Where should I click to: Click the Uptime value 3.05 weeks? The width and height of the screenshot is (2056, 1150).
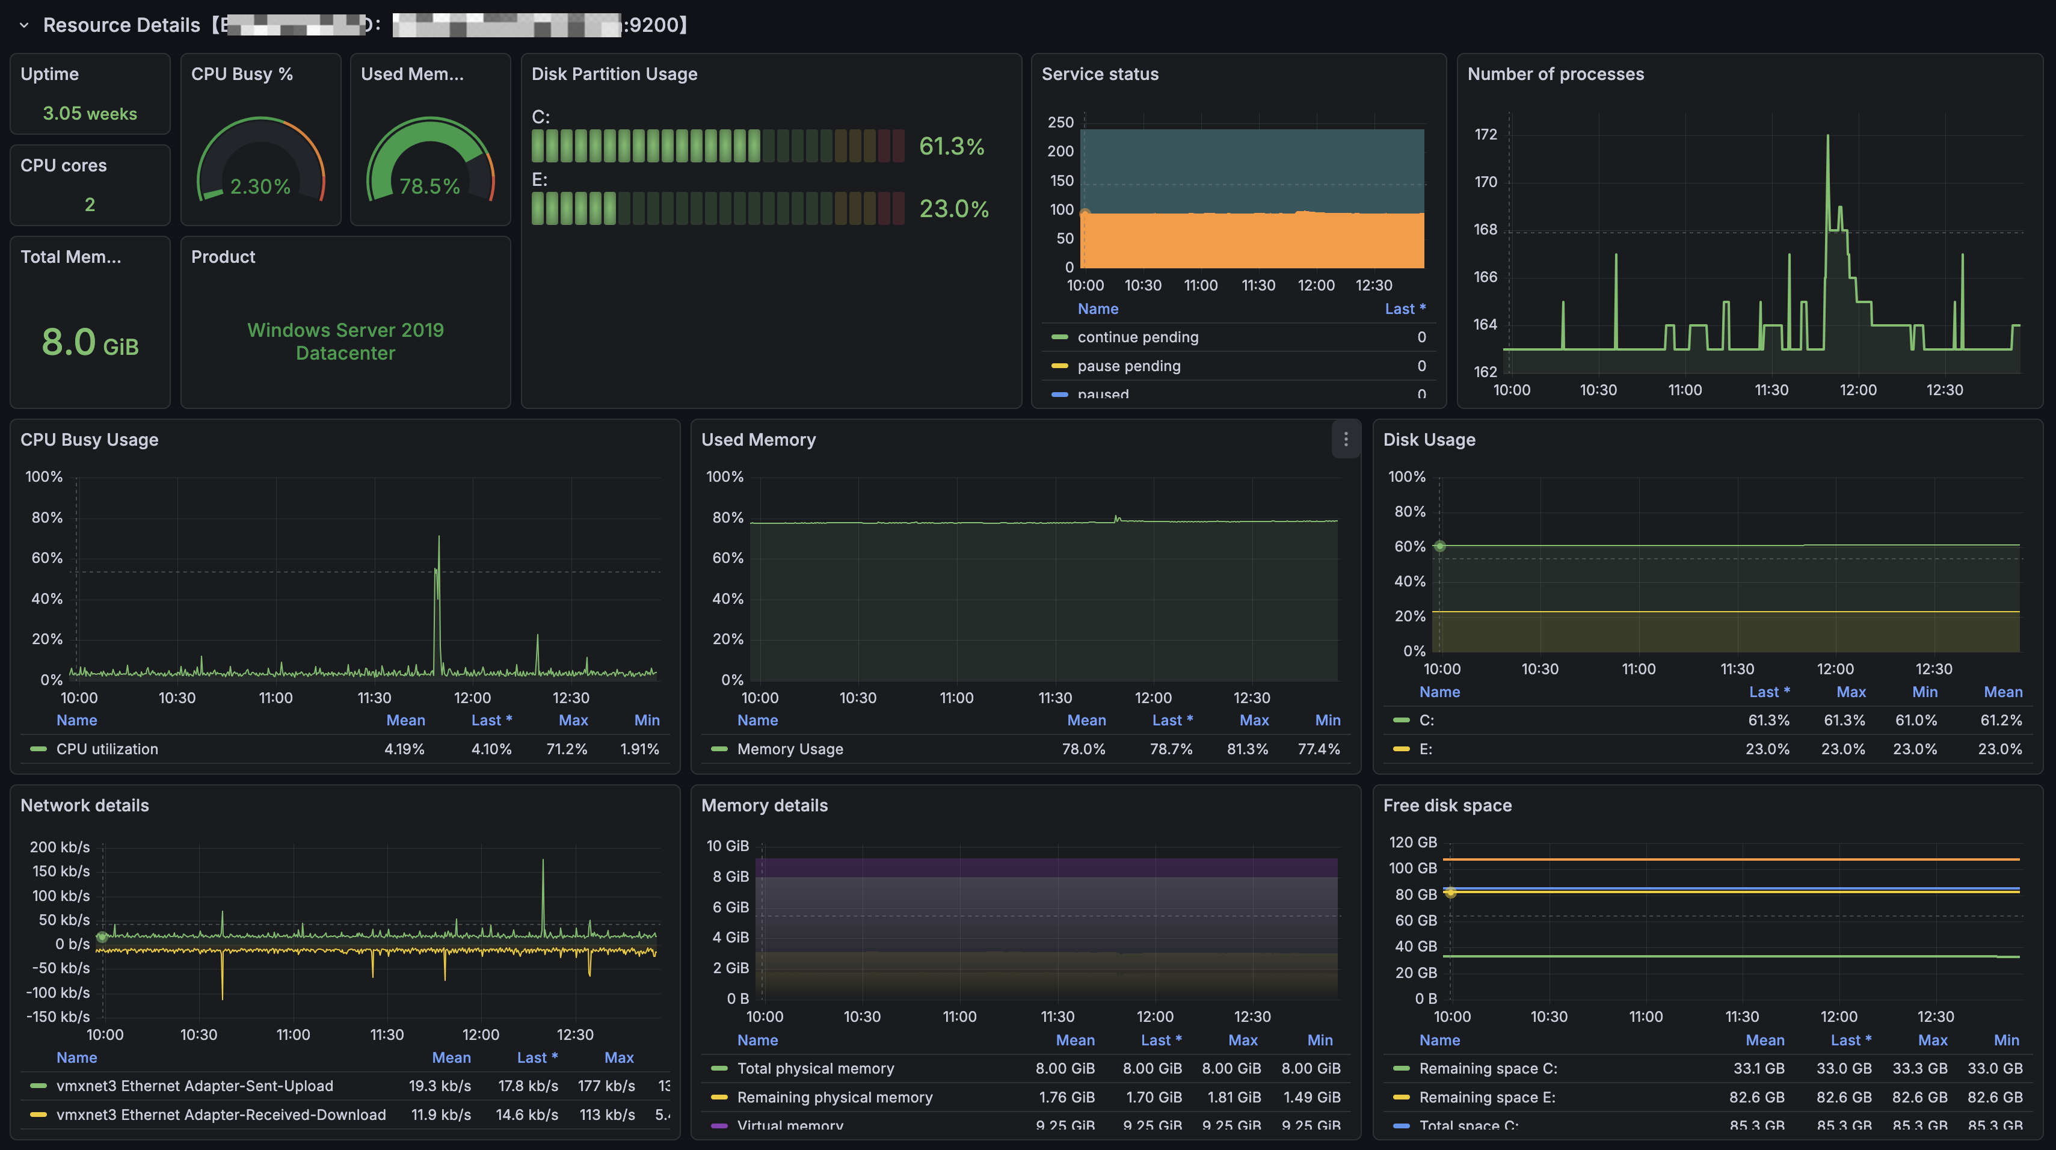click(90, 113)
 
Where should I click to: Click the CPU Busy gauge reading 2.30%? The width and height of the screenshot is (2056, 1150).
click(260, 186)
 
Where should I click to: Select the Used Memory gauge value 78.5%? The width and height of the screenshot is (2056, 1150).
click(429, 186)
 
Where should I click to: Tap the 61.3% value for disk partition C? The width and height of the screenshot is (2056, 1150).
click(952, 146)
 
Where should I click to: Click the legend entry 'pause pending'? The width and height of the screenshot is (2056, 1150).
click(1128, 366)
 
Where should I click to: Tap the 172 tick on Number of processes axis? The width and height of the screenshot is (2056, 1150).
click(1485, 134)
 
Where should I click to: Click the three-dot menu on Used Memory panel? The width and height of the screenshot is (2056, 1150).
click(1346, 439)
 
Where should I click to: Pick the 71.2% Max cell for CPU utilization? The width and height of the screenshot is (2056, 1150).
click(566, 749)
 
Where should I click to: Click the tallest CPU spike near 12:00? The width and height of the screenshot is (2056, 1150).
click(438, 540)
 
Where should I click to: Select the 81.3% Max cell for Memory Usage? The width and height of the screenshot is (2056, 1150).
click(1247, 749)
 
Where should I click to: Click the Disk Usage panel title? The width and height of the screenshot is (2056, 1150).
click(1429, 440)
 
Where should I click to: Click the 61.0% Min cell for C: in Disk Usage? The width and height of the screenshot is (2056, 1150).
click(1915, 720)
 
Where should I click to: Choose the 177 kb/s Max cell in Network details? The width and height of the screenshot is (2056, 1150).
click(606, 1086)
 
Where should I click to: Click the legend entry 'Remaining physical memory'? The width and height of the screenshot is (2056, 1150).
click(834, 1096)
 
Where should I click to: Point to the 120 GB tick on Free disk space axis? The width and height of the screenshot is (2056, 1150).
click(1412, 842)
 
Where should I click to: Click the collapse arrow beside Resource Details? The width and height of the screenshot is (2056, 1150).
click(24, 25)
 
